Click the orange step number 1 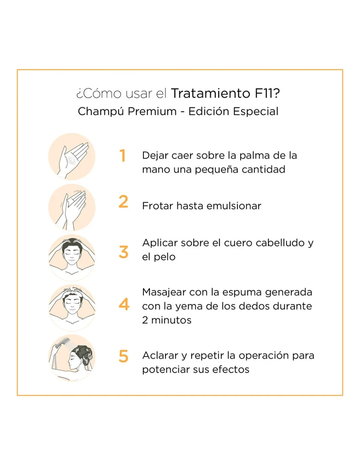click(x=122, y=155)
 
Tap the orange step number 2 click(x=123, y=202)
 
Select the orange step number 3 click(x=124, y=252)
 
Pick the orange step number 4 click(x=124, y=304)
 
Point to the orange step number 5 click(x=123, y=356)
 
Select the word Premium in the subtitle click(x=152, y=111)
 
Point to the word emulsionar click(x=234, y=206)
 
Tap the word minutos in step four click(x=171, y=321)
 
